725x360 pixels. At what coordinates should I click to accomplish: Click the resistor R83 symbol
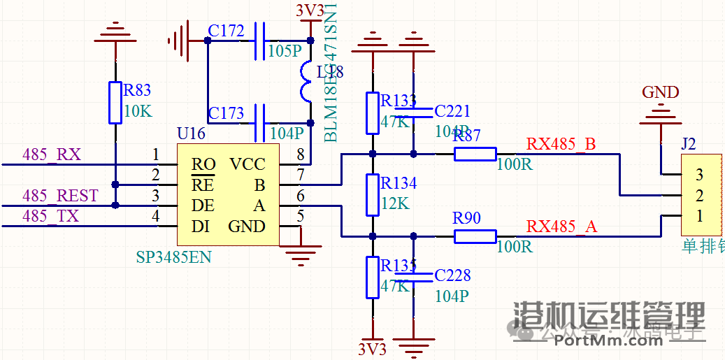click(x=115, y=103)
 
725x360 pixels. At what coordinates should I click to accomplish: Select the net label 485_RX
click(x=52, y=154)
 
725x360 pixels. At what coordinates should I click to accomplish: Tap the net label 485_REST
click(x=60, y=196)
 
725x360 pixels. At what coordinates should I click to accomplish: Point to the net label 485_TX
click(x=51, y=217)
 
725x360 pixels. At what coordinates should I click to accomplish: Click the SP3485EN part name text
click(x=173, y=258)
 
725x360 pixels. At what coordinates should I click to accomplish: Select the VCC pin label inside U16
click(x=247, y=165)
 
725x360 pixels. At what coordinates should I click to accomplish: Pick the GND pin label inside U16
click(x=246, y=226)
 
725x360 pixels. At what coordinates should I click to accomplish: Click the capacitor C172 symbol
click(x=260, y=41)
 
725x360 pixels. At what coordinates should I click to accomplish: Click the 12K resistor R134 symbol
click(x=372, y=195)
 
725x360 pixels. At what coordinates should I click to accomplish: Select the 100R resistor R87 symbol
click(x=475, y=154)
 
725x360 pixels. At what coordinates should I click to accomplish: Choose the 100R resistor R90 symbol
click(x=475, y=236)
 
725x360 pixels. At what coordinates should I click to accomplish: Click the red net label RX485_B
click(x=561, y=144)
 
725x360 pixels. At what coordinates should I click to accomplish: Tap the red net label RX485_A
click(x=561, y=226)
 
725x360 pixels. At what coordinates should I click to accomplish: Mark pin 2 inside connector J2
click(x=699, y=196)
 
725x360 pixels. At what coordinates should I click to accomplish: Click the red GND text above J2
click(x=660, y=92)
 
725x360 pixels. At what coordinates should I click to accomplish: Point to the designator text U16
click(x=191, y=134)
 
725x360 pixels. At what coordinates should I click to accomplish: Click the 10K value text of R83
click(x=137, y=111)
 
